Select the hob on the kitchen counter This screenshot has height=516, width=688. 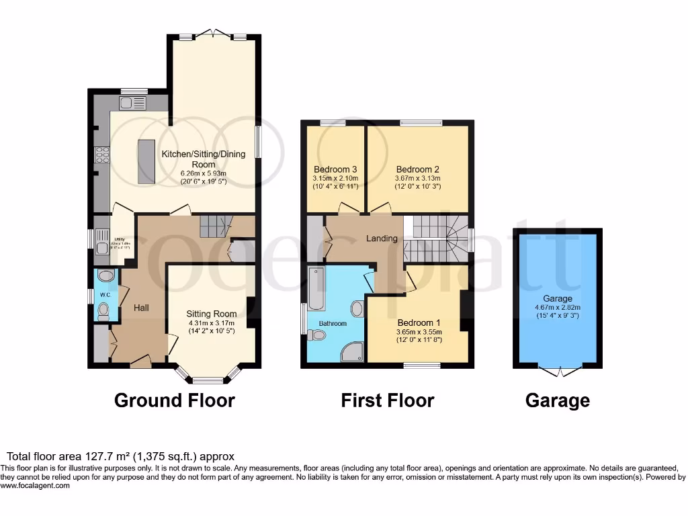point(103,155)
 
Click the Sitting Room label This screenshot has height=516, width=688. point(212,314)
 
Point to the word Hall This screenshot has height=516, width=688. point(141,308)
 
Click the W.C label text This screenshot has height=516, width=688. point(103,294)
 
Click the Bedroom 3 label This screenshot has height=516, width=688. point(335,169)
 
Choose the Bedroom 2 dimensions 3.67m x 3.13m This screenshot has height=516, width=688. point(417,178)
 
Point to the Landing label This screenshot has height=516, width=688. point(382,238)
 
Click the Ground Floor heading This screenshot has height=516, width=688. point(175,400)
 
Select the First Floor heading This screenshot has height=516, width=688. point(388,400)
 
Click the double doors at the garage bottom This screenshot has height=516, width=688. point(559,370)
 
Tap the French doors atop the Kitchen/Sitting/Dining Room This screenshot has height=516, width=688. point(212,33)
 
